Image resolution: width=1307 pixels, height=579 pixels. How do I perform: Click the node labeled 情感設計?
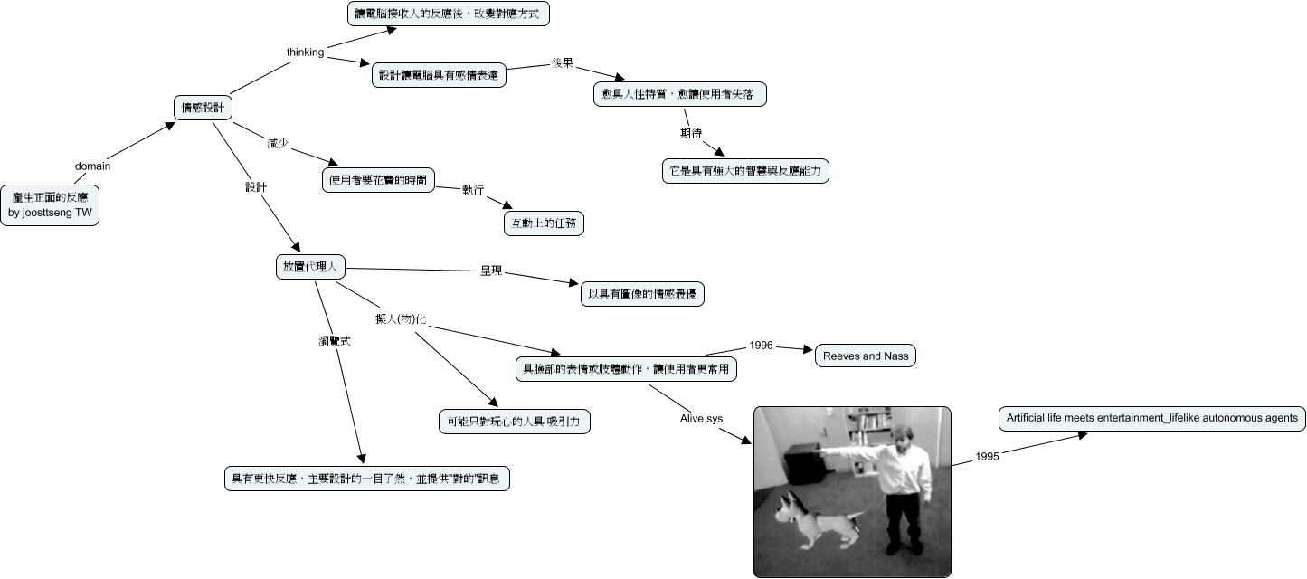point(203,108)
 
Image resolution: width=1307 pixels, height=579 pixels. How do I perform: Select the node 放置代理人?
point(310,267)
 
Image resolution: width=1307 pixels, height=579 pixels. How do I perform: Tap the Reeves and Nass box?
point(865,356)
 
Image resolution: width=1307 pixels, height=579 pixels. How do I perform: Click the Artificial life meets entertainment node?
point(1151,418)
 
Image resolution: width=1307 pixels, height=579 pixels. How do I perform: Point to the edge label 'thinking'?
point(305,52)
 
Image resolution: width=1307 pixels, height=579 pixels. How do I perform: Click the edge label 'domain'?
point(92,166)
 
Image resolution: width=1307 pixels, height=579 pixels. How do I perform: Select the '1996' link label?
point(761,346)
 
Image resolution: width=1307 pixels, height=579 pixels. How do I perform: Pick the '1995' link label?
point(987,457)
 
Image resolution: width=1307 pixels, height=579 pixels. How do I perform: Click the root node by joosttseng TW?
point(51,204)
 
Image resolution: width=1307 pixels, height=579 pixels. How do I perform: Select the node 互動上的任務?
point(543,223)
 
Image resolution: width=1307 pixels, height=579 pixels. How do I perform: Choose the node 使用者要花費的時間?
point(378,180)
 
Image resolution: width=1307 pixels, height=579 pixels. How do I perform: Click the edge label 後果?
point(563,63)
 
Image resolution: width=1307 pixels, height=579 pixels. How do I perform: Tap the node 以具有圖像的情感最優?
point(641,294)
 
